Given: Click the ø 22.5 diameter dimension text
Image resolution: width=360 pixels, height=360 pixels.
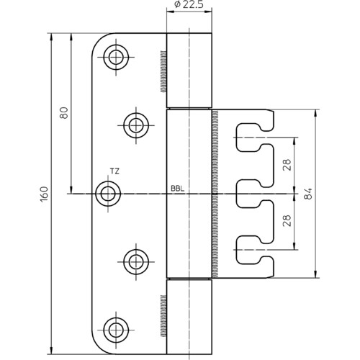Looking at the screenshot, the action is click(x=189, y=4).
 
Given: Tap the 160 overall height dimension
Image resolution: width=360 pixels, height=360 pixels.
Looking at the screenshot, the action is click(x=45, y=194).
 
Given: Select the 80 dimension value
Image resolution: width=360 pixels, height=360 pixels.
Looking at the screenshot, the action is click(x=64, y=112).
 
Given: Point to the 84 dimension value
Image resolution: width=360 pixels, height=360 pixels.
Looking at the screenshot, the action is click(x=308, y=194).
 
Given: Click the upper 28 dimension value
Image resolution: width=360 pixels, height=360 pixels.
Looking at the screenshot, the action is click(x=287, y=165).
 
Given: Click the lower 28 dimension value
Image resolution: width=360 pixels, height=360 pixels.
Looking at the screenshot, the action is click(x=287, y=220).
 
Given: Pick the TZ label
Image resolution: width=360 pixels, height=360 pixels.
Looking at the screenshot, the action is click(x=114, y=171).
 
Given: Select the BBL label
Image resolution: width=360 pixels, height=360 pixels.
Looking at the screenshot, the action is click(x=178, y=189).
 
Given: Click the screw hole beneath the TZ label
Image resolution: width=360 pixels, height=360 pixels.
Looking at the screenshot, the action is click(x=108, y=194).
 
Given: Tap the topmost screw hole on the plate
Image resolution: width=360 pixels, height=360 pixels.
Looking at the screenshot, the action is click(x=116, y=58).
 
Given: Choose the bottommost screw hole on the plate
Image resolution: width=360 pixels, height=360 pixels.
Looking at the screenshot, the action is click(x=116, y=330).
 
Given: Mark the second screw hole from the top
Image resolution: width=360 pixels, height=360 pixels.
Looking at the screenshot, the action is click(x=136, y=125).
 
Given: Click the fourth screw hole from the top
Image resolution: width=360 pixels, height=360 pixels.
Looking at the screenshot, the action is click(x=136, y=262).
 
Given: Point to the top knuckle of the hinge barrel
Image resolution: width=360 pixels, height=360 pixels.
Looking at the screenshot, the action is click(x=189, y=71).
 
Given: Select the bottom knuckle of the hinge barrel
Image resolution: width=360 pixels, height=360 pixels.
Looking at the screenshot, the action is click(x=189, y=317).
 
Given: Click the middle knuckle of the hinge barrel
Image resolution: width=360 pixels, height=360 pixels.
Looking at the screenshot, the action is click(x=189, y=194).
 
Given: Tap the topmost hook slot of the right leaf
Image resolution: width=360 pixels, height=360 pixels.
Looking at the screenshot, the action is click(x=254, y=138).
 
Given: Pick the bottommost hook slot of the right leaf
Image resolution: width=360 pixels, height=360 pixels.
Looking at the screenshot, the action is click(x=254, y=250).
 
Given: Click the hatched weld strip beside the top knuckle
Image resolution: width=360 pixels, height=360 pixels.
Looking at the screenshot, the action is click(x=163, y=71).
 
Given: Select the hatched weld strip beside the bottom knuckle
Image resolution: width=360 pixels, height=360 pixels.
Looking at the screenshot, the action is click(x=163, y=315).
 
